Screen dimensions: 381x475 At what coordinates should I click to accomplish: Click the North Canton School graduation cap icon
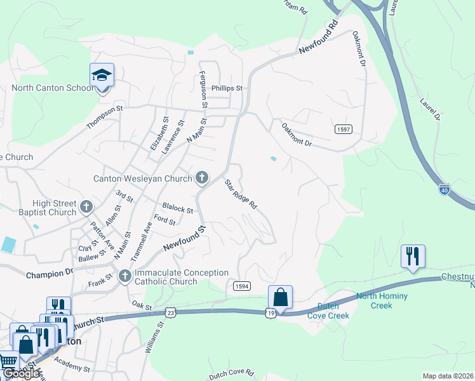click(102, 76)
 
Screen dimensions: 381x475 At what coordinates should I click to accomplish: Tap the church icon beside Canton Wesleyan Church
click(202, 178)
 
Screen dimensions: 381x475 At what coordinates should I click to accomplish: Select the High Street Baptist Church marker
click(86, 207)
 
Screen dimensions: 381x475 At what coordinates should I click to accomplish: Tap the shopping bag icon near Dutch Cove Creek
click(280, 297)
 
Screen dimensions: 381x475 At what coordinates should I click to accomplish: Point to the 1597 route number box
click(343, 129)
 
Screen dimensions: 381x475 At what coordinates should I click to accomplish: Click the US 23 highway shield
click(169, 312)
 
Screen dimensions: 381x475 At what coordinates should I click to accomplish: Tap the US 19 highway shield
click(271, 312)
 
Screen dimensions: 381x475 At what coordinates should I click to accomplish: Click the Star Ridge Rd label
click(241, 194)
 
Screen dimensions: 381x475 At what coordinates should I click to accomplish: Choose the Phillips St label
click(227, 89)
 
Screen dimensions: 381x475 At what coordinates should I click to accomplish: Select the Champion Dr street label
click(50, 274)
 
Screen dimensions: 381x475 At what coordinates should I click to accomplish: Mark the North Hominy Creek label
click(382, 300)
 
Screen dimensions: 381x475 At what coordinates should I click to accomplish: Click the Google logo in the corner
click(20, 373)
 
